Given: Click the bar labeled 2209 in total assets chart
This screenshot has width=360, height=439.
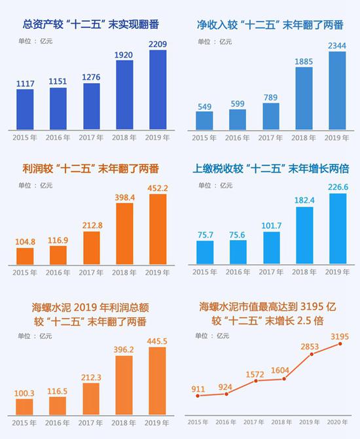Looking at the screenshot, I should [x=158, y=90].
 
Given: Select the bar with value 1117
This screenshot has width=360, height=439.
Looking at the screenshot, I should [x=25, y=109].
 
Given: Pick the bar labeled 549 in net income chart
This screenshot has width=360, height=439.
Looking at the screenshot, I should [x=205, y=120].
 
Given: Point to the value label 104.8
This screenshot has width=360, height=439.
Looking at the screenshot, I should [x=25, y=241].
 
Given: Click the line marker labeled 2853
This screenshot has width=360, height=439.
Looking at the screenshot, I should [x=312, y=354].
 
